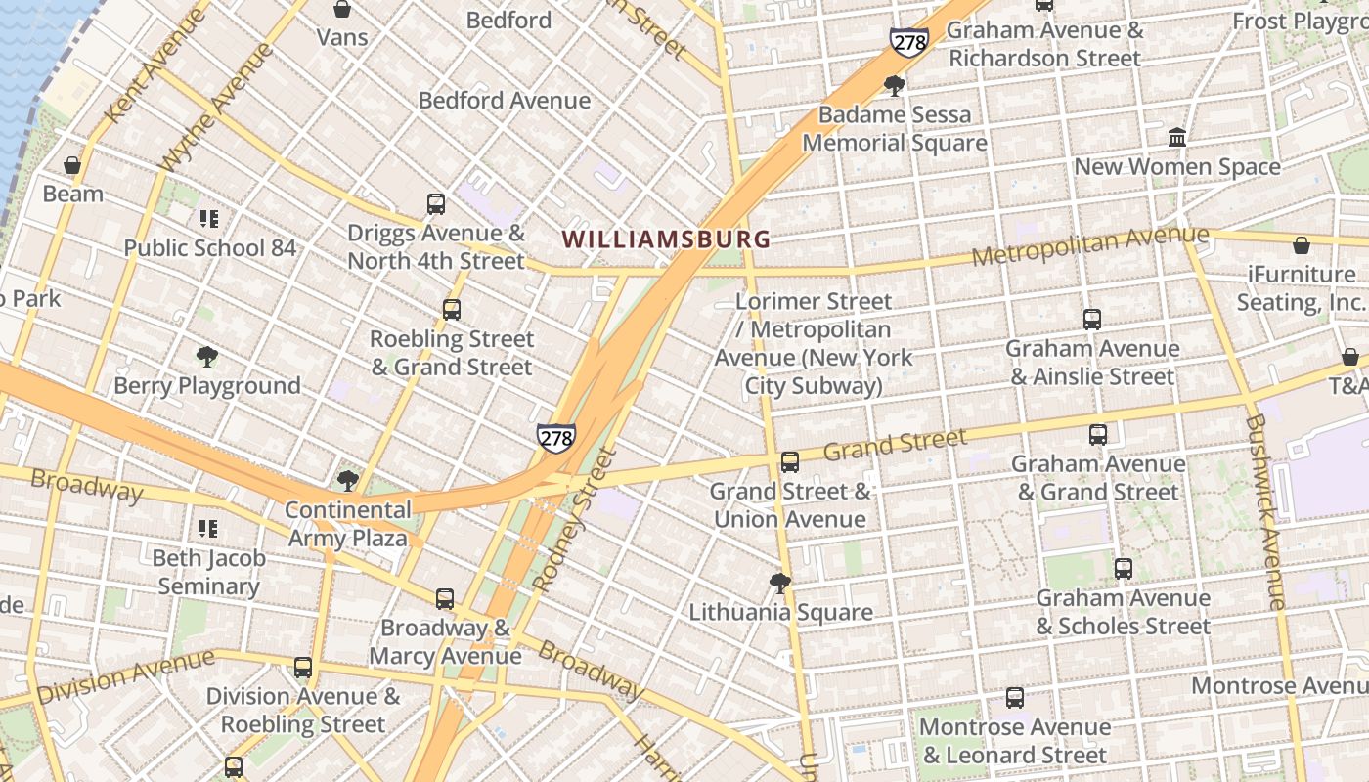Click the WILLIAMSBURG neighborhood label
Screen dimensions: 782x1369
[666, 239]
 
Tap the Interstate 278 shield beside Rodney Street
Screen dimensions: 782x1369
[555, 438]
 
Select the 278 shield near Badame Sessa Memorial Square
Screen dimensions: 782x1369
[908, 42]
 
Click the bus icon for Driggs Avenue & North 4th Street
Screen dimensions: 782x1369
[436, 204]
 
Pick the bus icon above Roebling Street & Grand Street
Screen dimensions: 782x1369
[451, 310]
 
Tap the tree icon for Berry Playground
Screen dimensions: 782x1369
[206, 357]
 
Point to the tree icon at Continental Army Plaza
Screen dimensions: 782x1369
[347, 480]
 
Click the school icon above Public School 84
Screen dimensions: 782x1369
[208, 219]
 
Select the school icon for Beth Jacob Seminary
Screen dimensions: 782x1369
[208, 529]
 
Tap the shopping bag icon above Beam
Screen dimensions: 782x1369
[72, 165]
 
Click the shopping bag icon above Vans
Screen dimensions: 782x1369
[342, 10]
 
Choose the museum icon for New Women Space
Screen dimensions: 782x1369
[1177, 137]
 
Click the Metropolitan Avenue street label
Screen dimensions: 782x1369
[1089, 245]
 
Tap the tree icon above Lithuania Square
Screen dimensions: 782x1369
[780, 584]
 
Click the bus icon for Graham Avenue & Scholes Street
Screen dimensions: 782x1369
[1124, 569]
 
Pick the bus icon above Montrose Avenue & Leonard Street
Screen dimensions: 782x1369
[1015, 698]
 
